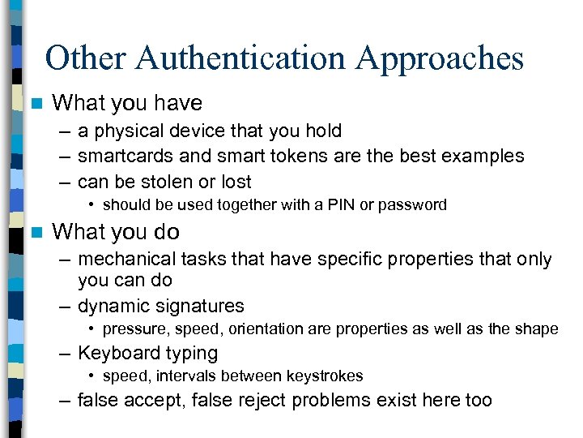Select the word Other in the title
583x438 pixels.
[x=83, y=58]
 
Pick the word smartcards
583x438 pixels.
[x=126, y=156]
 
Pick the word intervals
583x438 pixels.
[x=181, y=376]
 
